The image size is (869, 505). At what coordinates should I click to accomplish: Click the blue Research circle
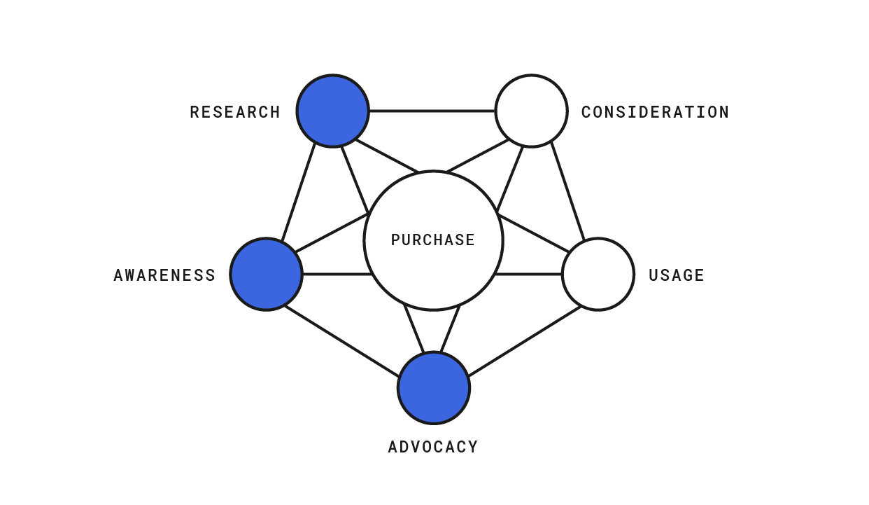coord(332,111)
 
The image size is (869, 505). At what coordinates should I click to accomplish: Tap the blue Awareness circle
coord(266,275)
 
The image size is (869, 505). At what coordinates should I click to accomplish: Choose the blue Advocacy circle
coord(434,388)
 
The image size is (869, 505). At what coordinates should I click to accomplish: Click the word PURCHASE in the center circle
coord(433,240)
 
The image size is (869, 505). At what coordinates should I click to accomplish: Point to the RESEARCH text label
coord(235,112)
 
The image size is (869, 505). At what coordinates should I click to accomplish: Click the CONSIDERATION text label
coord(655,112)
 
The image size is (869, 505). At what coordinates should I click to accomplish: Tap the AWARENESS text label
coord(164,275)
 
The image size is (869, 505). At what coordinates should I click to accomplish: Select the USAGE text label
coord(677,275)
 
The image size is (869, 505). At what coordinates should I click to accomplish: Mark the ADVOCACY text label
coord(433,447)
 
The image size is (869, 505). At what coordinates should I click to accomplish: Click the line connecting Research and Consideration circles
coord(432,111)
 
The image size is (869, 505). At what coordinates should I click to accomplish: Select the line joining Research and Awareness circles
coord(298,193)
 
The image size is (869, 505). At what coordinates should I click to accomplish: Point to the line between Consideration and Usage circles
coord(567,192)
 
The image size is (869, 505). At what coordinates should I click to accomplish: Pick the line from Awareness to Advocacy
coord(341,342)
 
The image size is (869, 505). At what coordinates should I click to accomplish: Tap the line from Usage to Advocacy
coord(525,342)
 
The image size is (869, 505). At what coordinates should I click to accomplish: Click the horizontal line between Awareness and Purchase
coord(337,275)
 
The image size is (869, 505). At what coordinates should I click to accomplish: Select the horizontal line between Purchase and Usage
coord(528,275)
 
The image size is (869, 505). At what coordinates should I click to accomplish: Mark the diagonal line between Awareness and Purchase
coord(332,233)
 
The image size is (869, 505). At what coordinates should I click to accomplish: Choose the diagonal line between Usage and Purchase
coord(533,233)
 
